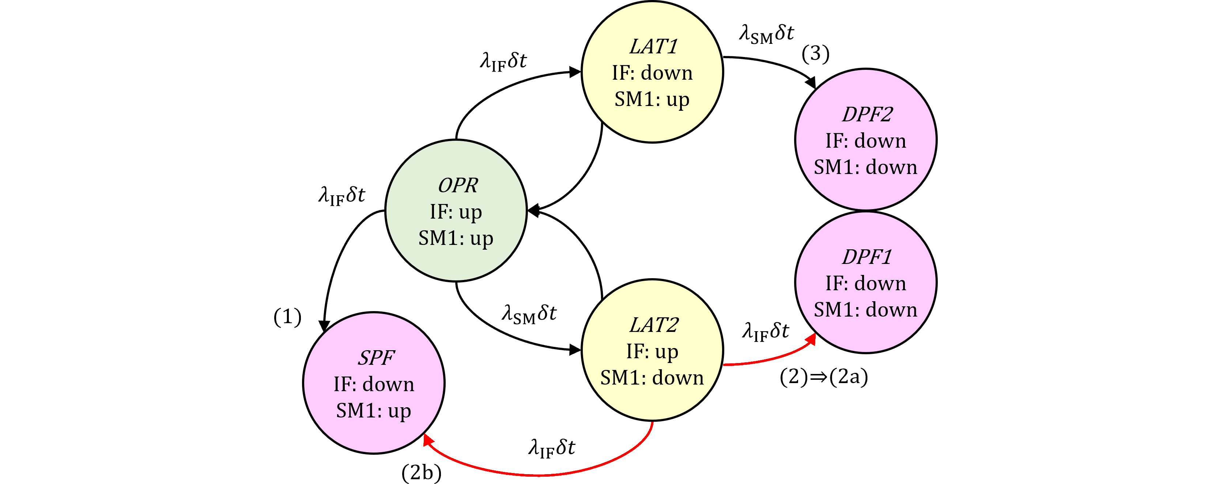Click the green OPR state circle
456,211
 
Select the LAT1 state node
652,72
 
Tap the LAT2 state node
652,350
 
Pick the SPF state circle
374,383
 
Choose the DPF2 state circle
866,140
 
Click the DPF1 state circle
866,282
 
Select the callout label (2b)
421,472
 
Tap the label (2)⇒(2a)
823,377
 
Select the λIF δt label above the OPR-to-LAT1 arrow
503,61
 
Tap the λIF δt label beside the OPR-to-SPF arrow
341,196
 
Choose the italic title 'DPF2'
866,114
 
